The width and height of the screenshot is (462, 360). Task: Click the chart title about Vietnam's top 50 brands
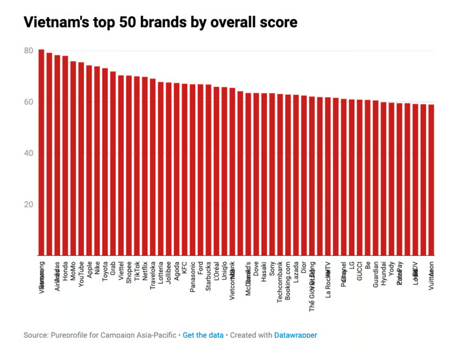point(160,22)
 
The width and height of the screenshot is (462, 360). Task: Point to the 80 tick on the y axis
point(28,51)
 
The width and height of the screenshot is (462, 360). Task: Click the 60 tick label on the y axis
point(28,102)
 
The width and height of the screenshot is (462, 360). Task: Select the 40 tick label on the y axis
point(28,153)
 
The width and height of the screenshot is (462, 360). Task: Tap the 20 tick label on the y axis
point(28,204)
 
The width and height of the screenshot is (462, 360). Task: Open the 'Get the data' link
point(203,335)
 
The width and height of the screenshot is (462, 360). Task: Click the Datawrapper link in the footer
point(296,335)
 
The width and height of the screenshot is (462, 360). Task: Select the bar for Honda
point(65,156)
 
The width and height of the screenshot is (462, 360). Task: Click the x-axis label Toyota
point(105,272)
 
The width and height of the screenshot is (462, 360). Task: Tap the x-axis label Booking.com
point(288,280)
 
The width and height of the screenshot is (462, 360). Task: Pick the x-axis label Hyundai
point(383,274)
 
